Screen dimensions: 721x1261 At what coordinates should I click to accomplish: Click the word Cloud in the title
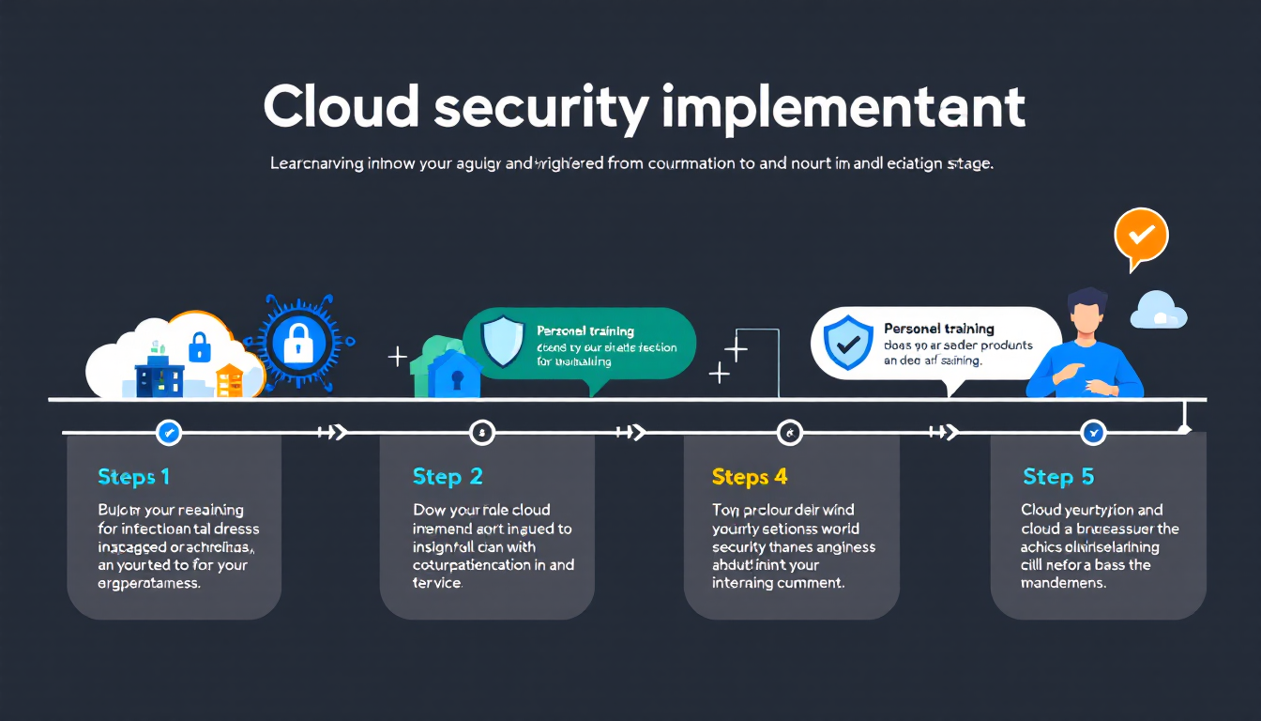point(341,109)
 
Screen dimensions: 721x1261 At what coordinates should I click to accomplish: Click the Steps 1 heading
point(134,477)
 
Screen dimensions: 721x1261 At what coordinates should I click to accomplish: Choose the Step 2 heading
point(448,477)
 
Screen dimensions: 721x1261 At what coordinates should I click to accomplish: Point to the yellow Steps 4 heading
point(750,477)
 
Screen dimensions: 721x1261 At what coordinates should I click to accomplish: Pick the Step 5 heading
point(1058,477)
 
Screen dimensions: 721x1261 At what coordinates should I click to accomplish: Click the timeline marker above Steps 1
point(169,433)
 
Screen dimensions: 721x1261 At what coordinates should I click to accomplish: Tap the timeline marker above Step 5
point(1093,433)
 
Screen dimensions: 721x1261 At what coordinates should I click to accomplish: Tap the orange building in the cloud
point(229,380)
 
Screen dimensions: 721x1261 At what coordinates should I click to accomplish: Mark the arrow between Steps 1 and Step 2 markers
point(332,433)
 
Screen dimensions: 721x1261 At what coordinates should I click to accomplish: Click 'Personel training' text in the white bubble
point(938,329)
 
